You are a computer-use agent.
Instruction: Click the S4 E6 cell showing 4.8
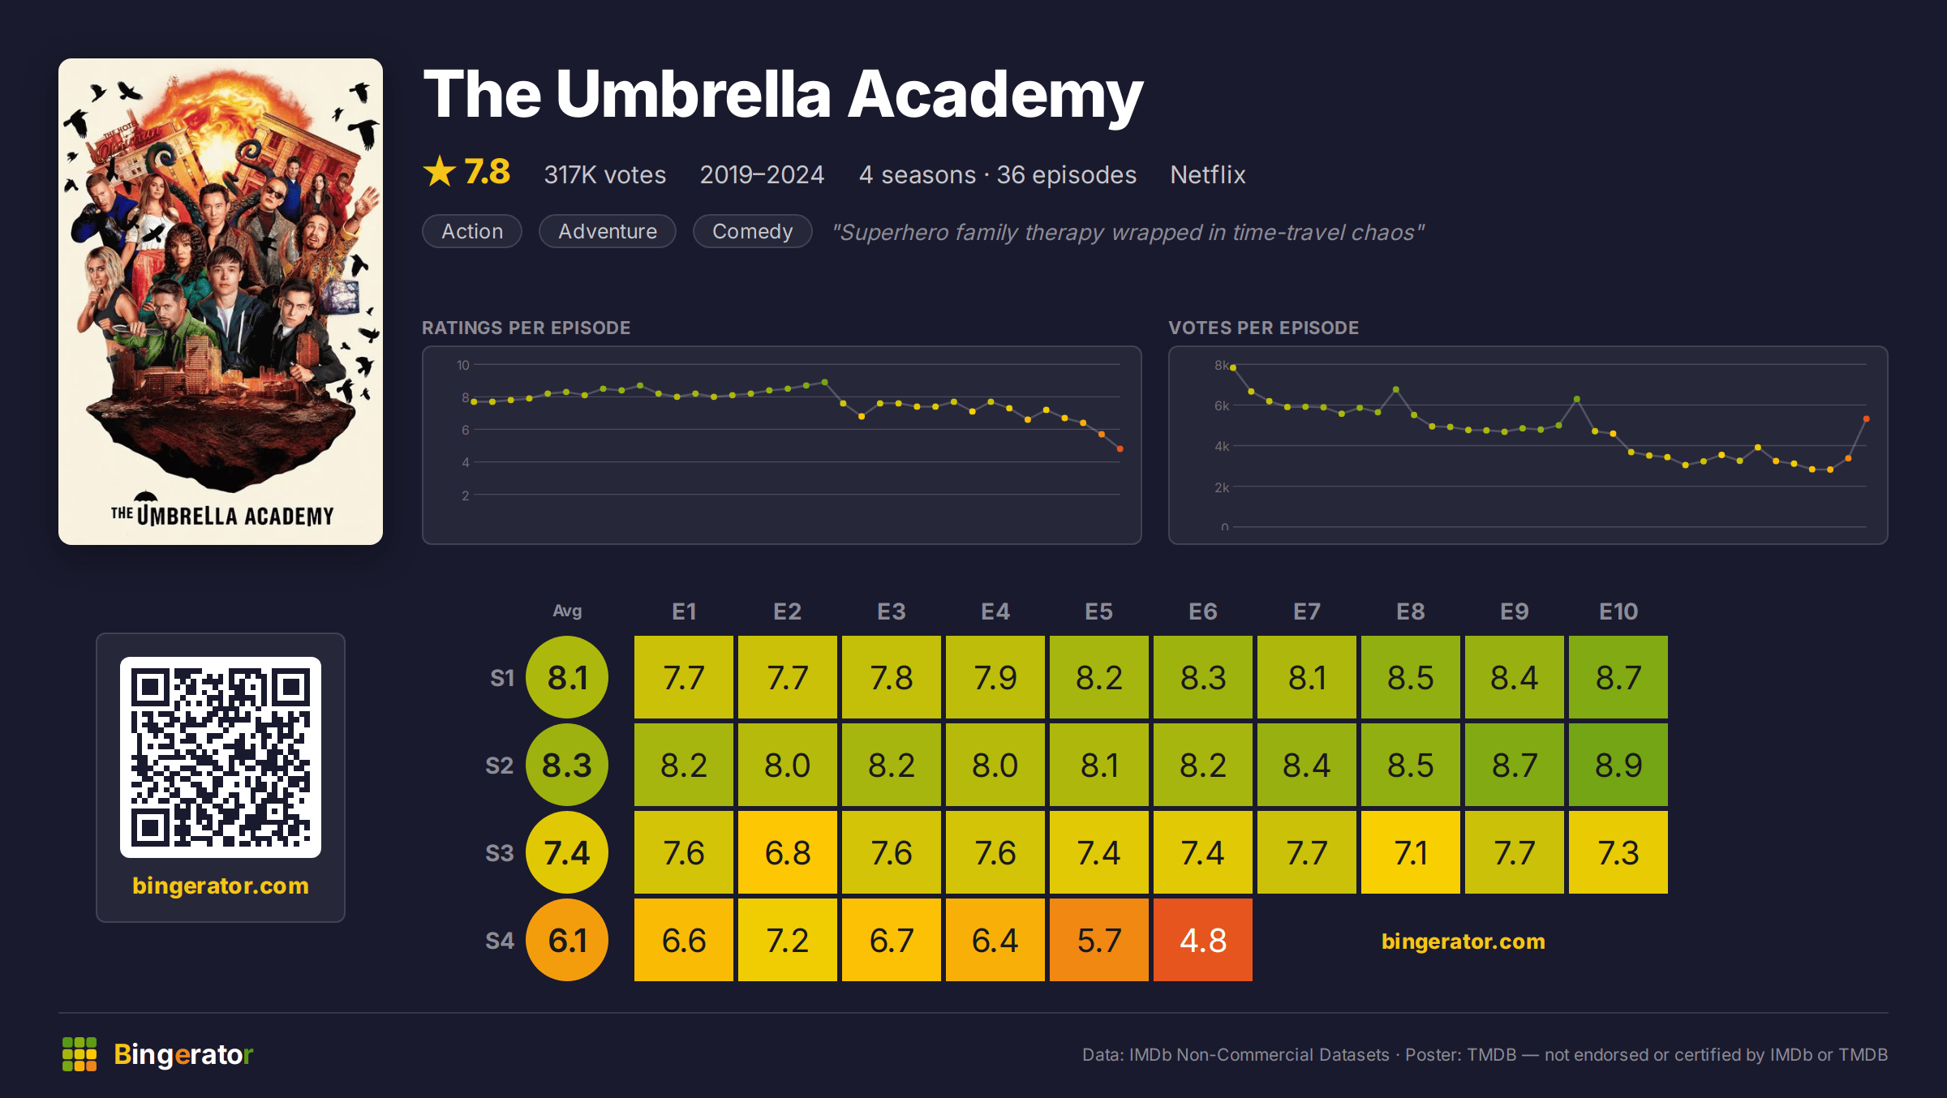(1202, 940)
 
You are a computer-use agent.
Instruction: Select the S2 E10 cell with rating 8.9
(1618, 765)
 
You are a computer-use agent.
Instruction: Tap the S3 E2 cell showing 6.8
(787, 852)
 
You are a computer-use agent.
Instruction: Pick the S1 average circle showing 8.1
(567, 677)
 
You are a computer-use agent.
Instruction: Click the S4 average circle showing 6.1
(567, 940)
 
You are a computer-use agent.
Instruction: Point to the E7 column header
(1306, 611)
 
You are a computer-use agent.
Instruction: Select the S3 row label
(500, 853)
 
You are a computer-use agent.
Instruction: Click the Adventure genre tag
(608, 231)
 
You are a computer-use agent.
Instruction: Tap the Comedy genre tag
(752, 231)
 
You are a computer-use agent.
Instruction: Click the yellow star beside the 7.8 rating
(440, 171)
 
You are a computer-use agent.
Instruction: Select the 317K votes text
(604, 174)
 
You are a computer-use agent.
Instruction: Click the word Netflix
(1207, 174)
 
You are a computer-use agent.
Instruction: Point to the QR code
(221, 757)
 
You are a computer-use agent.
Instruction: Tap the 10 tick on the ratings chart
(463, 365)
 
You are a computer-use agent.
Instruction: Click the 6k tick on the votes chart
(1222, 405)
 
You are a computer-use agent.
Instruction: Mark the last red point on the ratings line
(1120, 448)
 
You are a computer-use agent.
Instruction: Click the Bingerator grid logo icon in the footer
(80, 1054)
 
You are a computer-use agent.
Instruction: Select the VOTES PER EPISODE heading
(1263, 328)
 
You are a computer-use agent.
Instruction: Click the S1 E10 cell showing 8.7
(1618, 677)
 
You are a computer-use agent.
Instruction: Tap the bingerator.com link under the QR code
(221, 886)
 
